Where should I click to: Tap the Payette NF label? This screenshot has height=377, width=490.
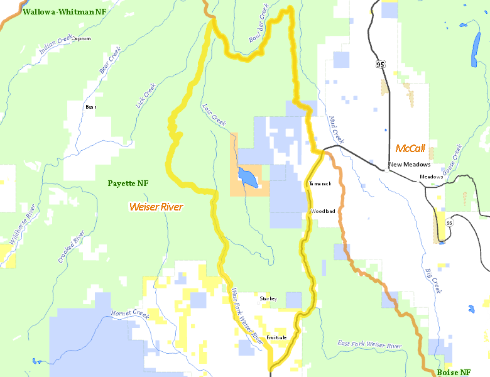128,183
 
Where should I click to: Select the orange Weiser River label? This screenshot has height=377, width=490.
156,206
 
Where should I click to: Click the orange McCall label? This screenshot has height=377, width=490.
410,149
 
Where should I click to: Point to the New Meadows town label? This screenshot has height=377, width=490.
409,165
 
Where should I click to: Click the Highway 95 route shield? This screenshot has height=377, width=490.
380,65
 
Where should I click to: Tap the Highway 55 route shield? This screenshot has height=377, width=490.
449,223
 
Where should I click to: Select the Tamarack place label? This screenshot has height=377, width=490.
320,183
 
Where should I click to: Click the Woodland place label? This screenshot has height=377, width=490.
323,211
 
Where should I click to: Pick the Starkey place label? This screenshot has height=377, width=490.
268,299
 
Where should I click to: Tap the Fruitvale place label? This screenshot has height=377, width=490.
276,337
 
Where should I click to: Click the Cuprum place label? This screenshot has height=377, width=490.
82,38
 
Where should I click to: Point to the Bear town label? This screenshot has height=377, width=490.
90,107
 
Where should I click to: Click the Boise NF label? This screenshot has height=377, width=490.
454,372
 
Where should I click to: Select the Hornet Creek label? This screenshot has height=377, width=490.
129,314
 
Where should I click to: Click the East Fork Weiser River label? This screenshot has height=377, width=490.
369,346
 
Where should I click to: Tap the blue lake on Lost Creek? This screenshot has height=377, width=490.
248,178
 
